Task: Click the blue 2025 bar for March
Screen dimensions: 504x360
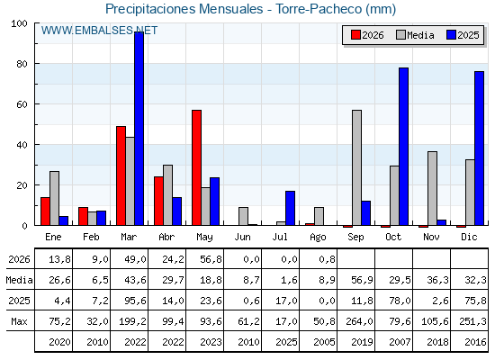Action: [139, 129]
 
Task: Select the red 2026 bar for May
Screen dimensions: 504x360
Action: [197, 167]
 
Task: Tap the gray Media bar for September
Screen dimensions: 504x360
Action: [356, 167]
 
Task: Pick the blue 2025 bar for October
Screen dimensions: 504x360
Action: [404, 147]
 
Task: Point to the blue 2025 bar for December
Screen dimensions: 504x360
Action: [479, 148]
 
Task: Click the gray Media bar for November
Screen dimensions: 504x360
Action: [432, 188]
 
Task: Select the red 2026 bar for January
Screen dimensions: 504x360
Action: [45, 211]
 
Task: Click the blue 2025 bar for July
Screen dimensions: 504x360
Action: [290, 208]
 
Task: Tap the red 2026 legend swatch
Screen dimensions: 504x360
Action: [355, 35]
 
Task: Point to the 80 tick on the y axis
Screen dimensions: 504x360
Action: [22, 64]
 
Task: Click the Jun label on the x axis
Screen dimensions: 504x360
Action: [242, 238]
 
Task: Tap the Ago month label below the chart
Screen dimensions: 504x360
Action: [318, 238]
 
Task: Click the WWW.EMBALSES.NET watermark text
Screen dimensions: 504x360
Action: [99, 31]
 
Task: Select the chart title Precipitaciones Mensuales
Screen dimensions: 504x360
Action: [184, 9]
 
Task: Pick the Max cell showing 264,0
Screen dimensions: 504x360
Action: [359, 321]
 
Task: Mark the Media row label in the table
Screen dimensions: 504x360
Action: [19, 280]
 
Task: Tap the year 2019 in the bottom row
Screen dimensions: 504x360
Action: [362, 342]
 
